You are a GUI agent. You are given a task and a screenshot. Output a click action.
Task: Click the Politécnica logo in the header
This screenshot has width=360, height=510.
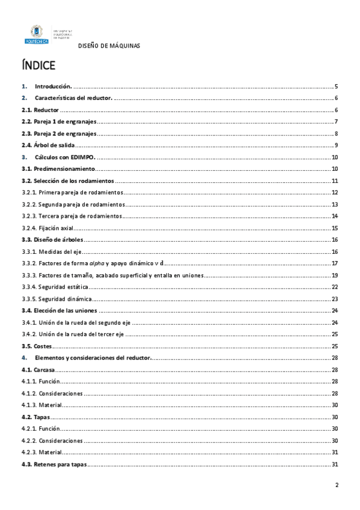click(x=35, y=35)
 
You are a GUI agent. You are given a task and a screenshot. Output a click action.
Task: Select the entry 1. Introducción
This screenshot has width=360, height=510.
click(x=53, y=87)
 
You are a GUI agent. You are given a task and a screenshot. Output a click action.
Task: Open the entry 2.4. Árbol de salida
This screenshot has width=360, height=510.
click(x=47, y=146)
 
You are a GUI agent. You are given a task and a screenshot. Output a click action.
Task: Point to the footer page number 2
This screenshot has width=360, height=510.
click(x=337, y=486)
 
